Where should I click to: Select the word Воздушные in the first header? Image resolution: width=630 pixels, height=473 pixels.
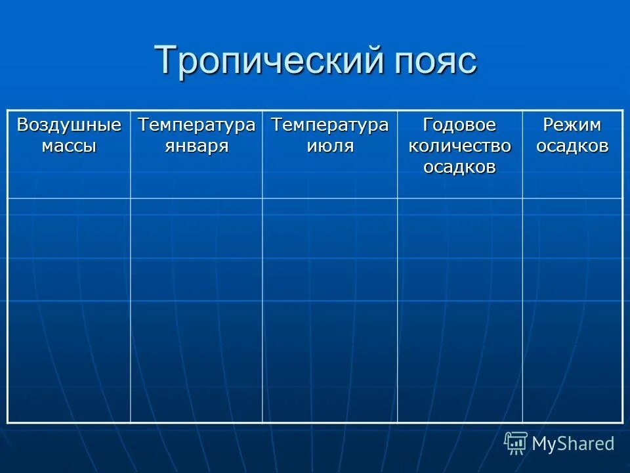pyautogui.click(x=69, y=125)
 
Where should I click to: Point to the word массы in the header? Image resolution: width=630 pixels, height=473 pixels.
pyautogui.click(x=69, y=145)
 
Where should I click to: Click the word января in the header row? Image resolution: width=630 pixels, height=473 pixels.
pyautogui.click(x=196, y=145)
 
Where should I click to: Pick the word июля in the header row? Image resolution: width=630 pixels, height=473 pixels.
pyautogui.click(x=330, y=145)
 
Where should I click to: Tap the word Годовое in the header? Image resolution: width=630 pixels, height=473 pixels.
pyautogui.click(x=459, y=125)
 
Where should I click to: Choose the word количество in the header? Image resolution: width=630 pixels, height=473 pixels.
pyautogui.click(x=459, y=145)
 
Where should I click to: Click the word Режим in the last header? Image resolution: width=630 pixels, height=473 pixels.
pyautogui.click(x=572, y=125)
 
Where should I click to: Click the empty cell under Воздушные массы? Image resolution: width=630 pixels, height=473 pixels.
pyautogui.click(x=69, y=309)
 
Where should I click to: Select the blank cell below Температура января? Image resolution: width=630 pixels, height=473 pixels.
pyautogui.click(x=196, y=309)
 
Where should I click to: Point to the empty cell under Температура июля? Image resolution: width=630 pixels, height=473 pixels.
pyautogui.click(x=330, y=309)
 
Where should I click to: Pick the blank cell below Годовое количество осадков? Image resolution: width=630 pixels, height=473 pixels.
pyautogui.click(x=459, y=309)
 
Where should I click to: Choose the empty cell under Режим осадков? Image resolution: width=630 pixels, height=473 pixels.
pyautogui.click(x=572, y=309)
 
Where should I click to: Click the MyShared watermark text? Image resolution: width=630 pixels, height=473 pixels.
pyautogui.click(x=573, y=444)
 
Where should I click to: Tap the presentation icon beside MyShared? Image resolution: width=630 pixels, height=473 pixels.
pyautogui.click(x=516, y=443)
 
